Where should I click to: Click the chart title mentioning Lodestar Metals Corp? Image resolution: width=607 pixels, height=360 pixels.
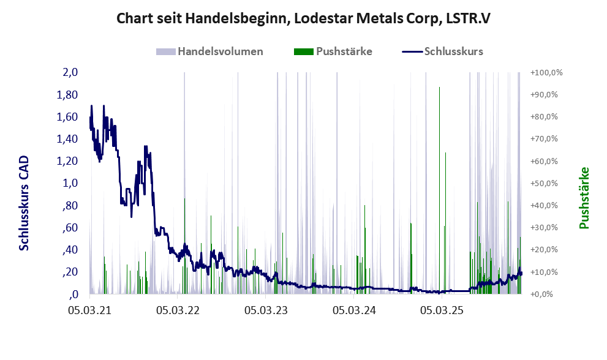[x=303, y=19]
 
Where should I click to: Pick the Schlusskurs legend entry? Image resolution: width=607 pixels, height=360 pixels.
[x=453, y=51]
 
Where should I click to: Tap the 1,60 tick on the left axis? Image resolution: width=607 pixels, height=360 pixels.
[x=67, y=117]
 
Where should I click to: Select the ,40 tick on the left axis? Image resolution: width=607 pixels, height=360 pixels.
[x=69, y=250]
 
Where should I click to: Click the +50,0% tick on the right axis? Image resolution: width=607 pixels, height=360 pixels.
[x=546, y=183]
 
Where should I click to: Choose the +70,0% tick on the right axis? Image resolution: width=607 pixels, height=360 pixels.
[x=546, y=139]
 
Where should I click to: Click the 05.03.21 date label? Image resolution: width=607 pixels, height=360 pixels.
[x=89, y=310]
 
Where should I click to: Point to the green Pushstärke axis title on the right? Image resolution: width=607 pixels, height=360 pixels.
[x=584, y=198]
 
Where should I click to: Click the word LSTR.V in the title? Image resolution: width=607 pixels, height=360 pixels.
[x=467, y=19]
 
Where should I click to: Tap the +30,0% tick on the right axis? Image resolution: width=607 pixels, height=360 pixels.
[x=546, y=228]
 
